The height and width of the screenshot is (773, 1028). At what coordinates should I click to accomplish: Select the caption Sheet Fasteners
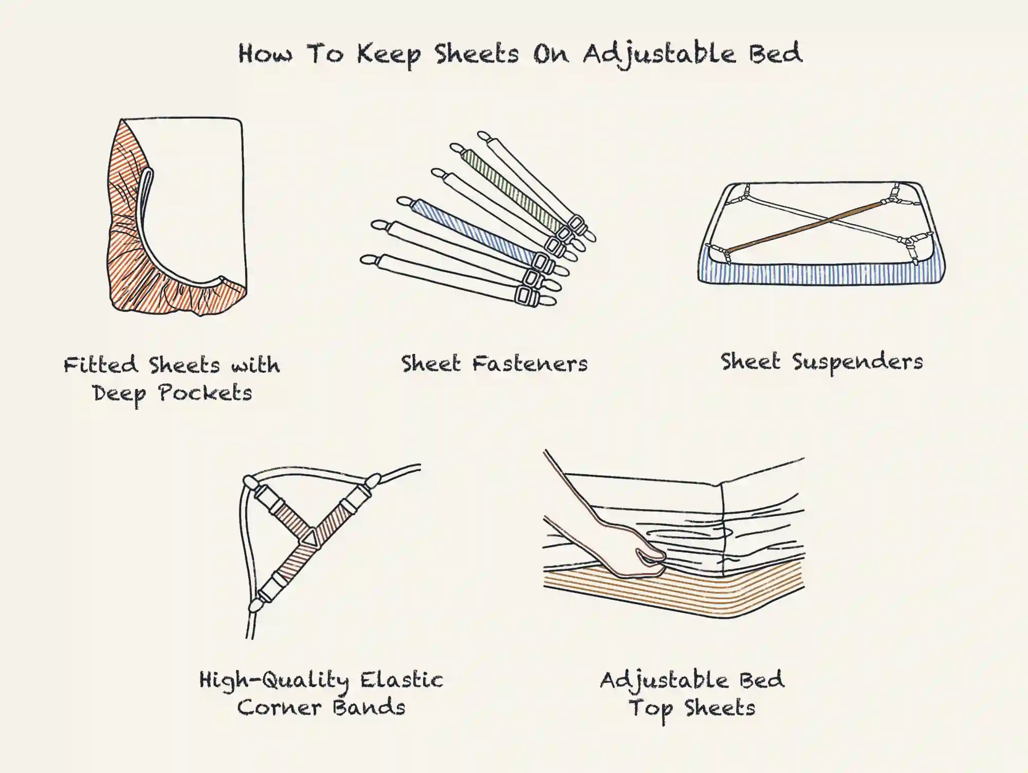tap(494, 364)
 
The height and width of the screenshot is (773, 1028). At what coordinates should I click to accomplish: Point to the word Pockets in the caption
tap(205, 393)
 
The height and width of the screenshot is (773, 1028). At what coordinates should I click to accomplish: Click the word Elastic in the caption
tap(401, 680)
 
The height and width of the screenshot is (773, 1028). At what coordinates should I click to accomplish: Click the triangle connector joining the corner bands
tap(310, 537)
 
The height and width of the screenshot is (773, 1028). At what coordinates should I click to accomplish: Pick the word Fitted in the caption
tap(101, 365)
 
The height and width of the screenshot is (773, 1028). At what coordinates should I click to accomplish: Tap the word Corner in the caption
tap(280, 708)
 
